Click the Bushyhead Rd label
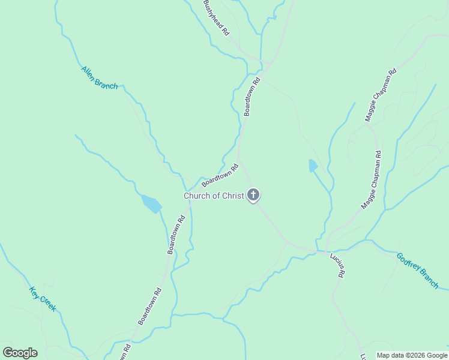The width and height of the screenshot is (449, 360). pos(217,19)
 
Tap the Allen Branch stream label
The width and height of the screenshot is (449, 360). pos(99,77)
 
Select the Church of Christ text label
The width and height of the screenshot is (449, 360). pos(214,196)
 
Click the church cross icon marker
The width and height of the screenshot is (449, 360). pos(254,194)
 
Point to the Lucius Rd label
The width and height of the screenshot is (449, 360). pos(337,265)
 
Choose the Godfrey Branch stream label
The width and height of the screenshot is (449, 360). pos(417,270)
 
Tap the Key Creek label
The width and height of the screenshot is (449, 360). pos(43,299)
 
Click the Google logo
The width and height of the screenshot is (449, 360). pos(20,353)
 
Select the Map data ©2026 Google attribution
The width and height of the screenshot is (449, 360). pos(412,355)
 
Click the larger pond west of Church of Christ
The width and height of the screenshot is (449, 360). pos(151,204)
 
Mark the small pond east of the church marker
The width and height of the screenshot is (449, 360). pos(313,166)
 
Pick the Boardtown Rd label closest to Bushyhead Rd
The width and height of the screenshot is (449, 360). pos(252,96)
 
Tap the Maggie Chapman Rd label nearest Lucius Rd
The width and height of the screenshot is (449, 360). pos(371,179)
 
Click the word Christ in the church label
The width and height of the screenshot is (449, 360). pos(232,196)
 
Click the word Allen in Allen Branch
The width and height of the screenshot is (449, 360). pos(89,72)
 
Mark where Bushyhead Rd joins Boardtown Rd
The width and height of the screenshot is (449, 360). pos(262,62)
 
